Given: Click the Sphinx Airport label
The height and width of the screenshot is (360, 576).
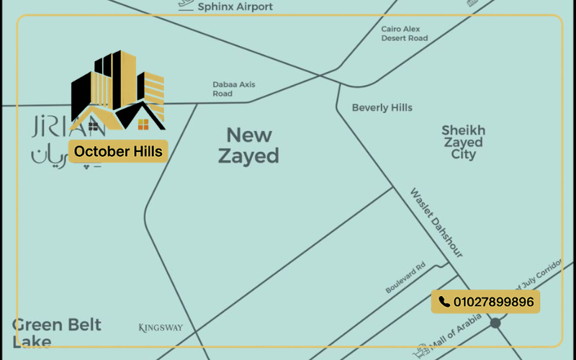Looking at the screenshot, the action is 235,6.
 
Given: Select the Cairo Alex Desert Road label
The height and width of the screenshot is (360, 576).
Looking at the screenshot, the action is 405,33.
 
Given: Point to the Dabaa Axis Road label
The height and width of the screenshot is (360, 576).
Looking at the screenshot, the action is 233,89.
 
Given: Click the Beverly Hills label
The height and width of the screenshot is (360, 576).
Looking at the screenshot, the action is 382,108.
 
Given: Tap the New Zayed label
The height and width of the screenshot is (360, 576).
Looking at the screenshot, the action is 248,145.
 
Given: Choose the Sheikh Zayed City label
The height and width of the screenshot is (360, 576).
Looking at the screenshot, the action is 464,142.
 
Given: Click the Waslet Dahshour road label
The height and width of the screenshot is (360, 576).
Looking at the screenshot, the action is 436,222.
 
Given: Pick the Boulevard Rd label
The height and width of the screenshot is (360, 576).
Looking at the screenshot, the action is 405,277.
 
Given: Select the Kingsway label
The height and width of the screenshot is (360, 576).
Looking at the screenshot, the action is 161,328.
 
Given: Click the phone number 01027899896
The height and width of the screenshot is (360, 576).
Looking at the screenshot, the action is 494,302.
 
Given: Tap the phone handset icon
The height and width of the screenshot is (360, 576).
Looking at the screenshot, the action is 444,302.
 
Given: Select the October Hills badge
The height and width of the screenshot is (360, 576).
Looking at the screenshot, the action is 118,152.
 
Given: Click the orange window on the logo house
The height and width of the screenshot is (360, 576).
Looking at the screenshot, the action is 143,125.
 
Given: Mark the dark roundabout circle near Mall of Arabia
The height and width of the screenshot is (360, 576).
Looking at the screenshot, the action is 495,323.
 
